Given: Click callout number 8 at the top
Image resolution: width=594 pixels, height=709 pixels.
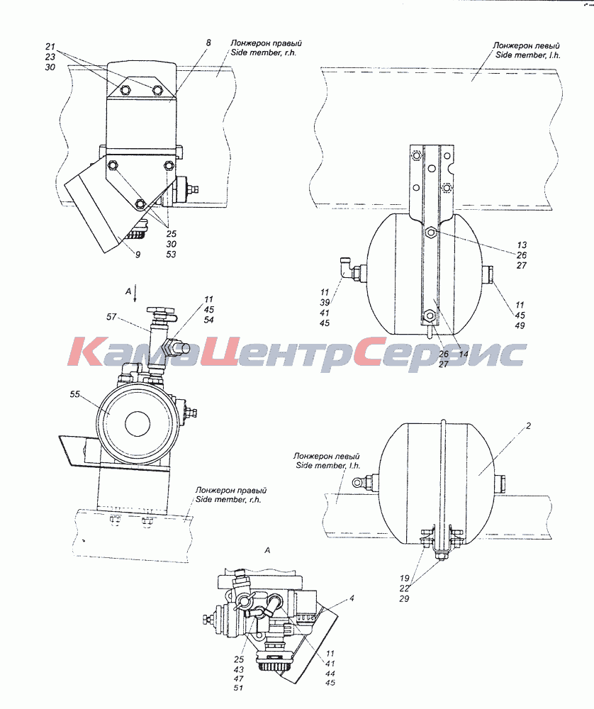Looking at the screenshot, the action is (208, 43).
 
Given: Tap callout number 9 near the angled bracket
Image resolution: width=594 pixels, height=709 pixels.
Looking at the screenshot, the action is (138, 255).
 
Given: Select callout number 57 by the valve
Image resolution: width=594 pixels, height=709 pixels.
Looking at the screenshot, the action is (112, 318).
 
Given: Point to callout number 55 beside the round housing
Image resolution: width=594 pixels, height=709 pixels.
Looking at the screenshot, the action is (74, 394).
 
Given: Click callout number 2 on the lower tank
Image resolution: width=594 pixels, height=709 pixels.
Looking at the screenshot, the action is (529, 426).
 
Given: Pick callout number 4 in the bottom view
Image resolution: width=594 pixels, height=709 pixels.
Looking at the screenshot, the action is (352, 598).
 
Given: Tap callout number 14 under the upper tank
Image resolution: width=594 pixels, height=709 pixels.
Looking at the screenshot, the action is (464, 354).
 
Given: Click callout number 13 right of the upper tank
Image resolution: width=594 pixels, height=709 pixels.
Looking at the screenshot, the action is (522, 245).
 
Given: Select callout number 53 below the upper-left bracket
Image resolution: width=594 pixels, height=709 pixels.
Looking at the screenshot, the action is (171, 255).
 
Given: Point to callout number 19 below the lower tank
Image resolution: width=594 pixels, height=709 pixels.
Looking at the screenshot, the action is (404, 578).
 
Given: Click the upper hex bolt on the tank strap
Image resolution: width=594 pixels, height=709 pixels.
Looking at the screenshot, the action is (431, 233).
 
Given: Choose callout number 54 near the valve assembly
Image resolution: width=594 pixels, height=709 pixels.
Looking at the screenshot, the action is (208, 320).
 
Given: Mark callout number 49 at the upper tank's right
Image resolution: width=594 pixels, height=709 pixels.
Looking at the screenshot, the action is (520, 325).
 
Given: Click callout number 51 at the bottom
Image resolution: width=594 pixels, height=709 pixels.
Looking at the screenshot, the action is (239, 688).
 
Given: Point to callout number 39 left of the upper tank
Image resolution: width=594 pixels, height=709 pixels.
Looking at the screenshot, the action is (325, 303).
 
